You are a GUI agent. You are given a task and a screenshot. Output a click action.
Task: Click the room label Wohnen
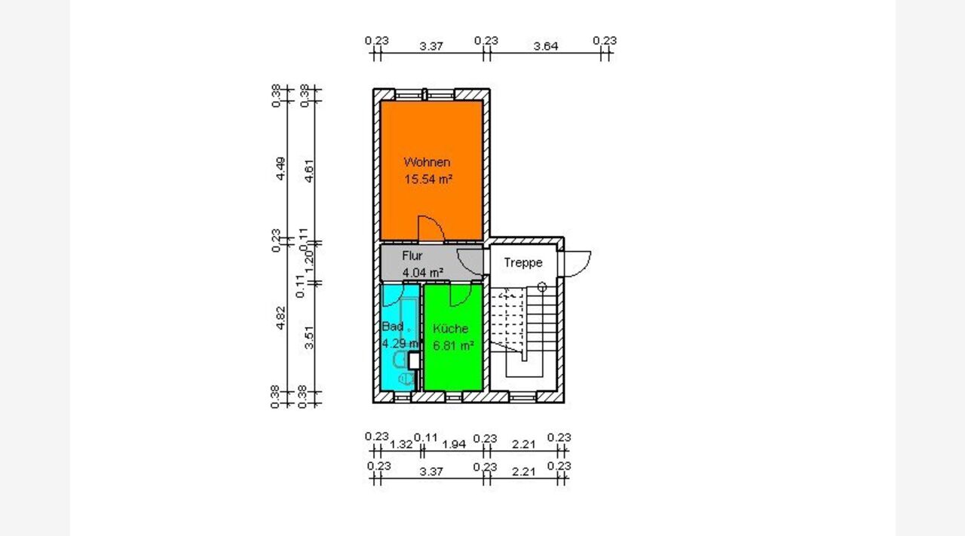(427, 162)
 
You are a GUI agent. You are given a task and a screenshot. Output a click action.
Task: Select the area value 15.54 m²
(428, 179)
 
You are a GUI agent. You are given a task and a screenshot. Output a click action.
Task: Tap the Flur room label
(412, 256)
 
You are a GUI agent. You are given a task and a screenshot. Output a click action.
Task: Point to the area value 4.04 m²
(422, 271)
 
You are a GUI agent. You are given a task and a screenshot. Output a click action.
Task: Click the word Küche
(450, 329)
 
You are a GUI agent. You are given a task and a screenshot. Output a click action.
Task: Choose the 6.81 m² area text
(452, 346)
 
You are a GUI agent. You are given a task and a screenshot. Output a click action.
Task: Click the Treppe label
(523, 263)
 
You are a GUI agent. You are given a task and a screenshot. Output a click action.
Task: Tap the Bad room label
(392, 327)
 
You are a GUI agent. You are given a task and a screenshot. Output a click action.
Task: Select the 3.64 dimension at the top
(545, 46)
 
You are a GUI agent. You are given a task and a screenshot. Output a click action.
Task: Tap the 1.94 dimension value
(454, 444)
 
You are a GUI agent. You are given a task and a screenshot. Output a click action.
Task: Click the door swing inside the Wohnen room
(432, 228)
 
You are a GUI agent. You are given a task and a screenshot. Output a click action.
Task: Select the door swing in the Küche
(457, 296)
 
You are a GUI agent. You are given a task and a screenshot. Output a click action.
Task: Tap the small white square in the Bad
(413, 360)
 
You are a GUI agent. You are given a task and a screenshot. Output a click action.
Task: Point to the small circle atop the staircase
(542, 286)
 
